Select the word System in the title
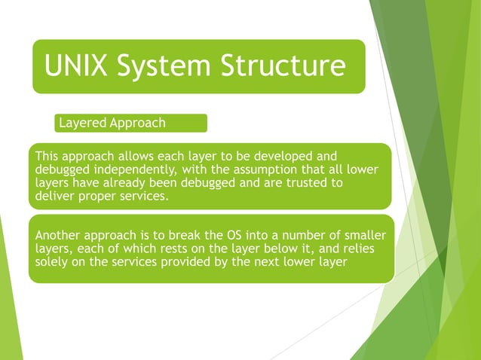point(163,66)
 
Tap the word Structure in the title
point(282,66)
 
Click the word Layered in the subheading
point(82,123)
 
